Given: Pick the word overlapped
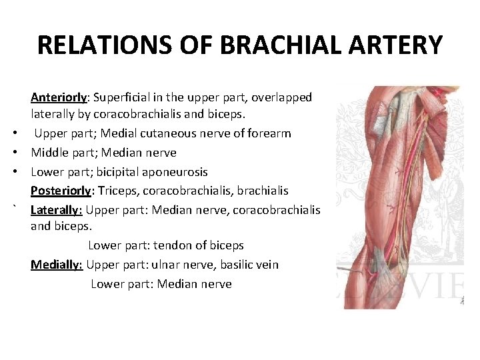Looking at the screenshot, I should coord(281,97).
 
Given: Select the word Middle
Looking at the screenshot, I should coord(49,153).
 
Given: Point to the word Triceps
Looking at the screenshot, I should coord(117,191).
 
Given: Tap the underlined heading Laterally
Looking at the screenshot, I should coord(56,211).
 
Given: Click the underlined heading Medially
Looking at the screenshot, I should coord(56,265).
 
